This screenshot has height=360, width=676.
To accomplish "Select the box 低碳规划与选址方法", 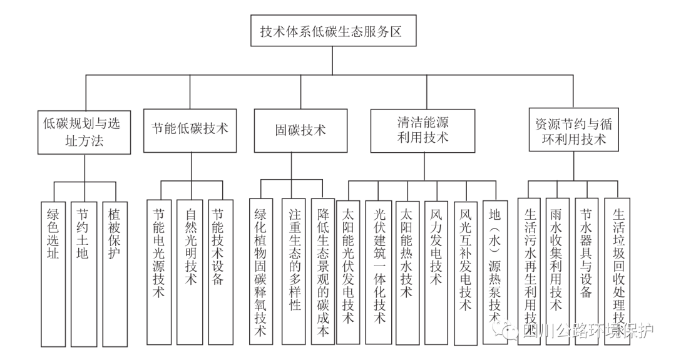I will [x=84, y=131].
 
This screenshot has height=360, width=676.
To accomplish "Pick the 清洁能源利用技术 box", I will [x=422, y=130].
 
